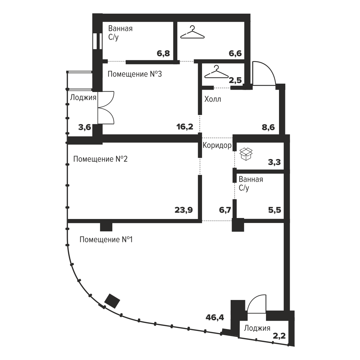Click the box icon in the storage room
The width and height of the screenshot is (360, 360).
click(x=246, y=154)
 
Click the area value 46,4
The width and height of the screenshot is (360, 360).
click(x=215, y=318)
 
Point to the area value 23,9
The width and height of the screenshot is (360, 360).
click(x=184, y=210)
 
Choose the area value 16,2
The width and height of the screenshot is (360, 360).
click(x=185, y=127)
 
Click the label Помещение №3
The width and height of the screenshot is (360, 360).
click(x=135, y=74)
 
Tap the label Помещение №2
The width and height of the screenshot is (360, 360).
click(x=100, y=159)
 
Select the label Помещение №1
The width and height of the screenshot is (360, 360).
click(x=106, y=240)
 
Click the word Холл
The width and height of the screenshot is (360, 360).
click(x=213, y=99)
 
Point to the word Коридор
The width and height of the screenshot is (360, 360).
click(x=217, y=146)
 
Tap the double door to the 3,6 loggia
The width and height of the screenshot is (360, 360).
click(x=106, y=108)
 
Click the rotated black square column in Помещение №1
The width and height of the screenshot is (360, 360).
click(x=112, y=301)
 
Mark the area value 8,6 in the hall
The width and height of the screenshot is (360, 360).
click(x=268, y=127)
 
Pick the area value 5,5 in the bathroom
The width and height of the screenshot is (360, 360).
click(x=275, y=210)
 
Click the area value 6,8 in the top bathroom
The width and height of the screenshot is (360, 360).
click(x=163, y=53)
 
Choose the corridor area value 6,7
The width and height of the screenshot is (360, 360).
click(x=225, y=210)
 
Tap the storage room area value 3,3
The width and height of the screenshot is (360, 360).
click(x=274, y=162)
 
